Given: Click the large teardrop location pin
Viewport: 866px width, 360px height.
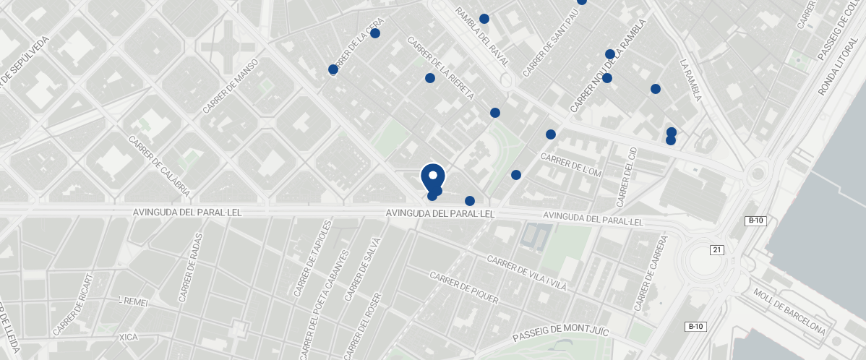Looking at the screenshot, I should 432,176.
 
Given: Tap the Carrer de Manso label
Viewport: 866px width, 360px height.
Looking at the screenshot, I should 231,87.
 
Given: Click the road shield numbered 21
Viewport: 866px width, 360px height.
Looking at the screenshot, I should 716,250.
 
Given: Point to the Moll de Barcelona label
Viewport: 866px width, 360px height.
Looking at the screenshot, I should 789,312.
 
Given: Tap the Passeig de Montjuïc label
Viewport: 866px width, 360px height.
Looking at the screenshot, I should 561,334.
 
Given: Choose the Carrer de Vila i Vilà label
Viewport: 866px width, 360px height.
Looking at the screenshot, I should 526,273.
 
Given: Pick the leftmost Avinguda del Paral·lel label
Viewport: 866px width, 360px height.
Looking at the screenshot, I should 187,213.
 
